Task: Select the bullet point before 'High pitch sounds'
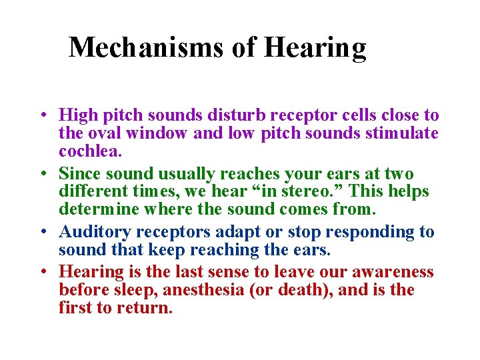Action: [41, 115]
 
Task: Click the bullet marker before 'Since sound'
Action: [41, 173]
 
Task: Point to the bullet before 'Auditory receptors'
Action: [41, 232]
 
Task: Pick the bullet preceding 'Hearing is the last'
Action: [41, 271]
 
